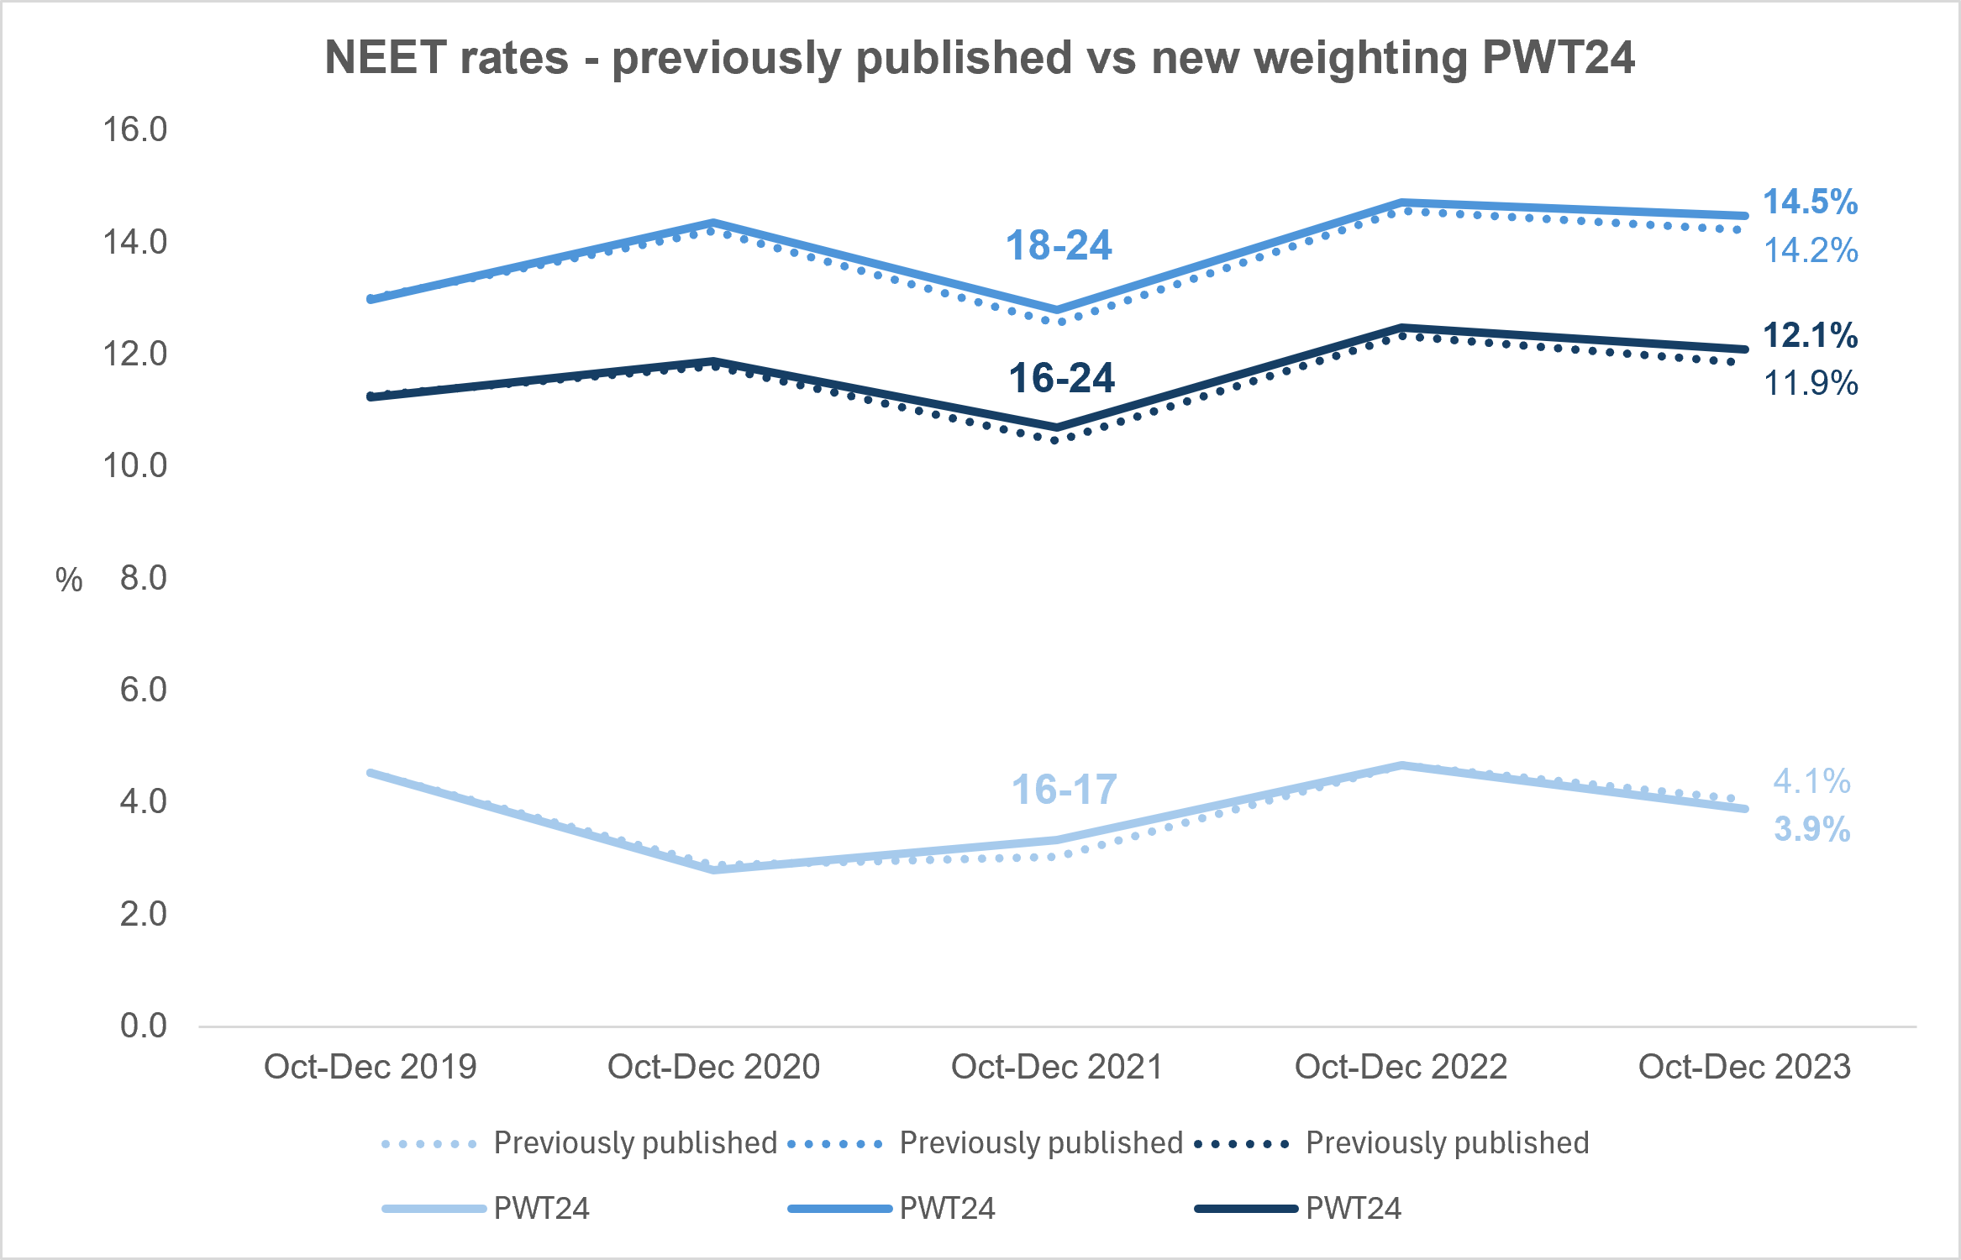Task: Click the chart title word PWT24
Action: point(1558,57)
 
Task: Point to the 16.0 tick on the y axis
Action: point(134,129)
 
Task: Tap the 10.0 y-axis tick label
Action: point(134,465)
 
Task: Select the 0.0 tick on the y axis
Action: point(144,1026)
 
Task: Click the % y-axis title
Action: point(69,580)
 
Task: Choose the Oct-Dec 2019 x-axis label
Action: point(371,1067)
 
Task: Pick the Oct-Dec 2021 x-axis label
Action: point(1057,1067)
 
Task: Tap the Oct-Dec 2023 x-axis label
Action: point(1745,1067)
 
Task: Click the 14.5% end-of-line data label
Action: point(1811,202)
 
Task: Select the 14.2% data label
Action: point(1811,250)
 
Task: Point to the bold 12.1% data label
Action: point(1811,335)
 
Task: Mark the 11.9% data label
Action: point(1811,383)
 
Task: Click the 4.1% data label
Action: point(1812,781)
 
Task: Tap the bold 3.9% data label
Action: point(1812,829)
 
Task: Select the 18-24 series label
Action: point(1059,245)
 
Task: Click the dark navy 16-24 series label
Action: point(1062,378)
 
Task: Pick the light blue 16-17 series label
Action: point(1065,790)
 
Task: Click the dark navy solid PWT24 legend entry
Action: point(1298,1209)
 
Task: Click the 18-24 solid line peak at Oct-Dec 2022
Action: point(1401,202)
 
